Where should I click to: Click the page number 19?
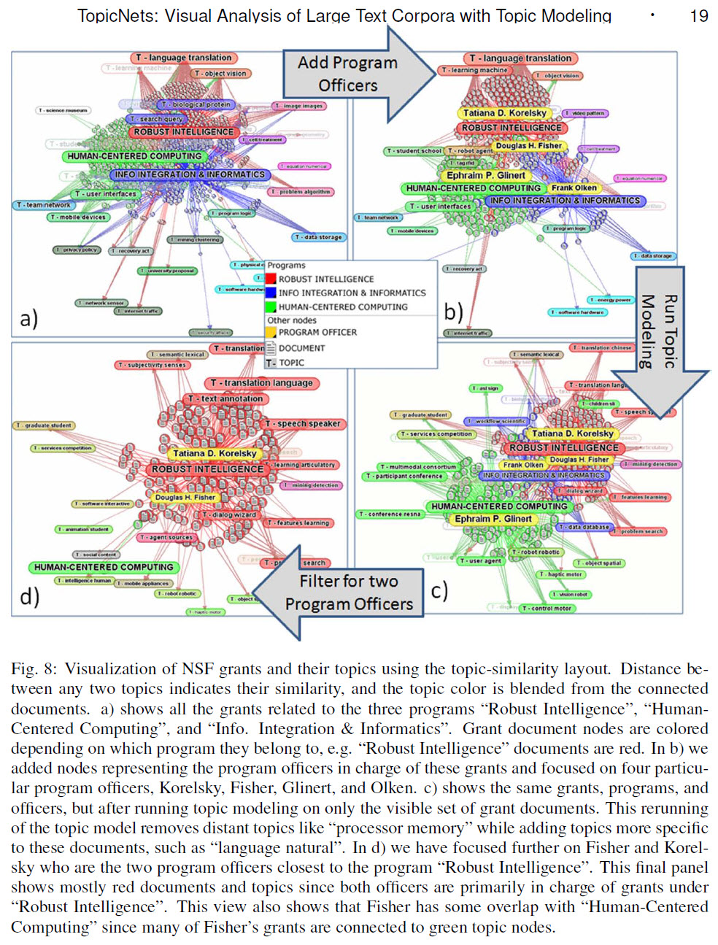click(x=698, y=15)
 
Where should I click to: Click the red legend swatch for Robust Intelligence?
click(x=271, y=279)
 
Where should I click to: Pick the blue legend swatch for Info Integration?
click(x=271, y=293)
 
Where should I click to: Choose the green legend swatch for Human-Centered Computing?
click(x=271, y=307)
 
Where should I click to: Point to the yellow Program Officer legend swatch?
click(x=271, y=332)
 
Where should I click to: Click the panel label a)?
click(x=29, y=318)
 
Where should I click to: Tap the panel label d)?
click(x=30, y=596)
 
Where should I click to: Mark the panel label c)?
click(x=439, y=590)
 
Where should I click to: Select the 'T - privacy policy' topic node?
click(x=77, y=250)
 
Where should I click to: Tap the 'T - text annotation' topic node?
click(x=226, y=398)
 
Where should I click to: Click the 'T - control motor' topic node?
click(x=547, y=608)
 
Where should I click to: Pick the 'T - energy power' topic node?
click(x=611, y=299)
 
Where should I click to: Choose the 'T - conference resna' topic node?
click(x=390, y=514)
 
